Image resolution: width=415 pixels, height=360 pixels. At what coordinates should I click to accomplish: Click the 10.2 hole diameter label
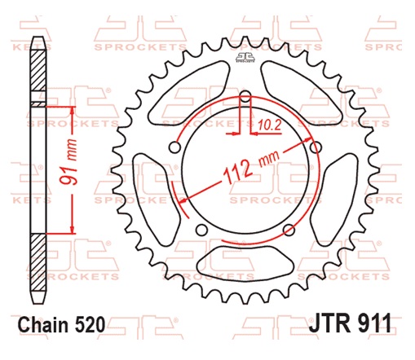270,125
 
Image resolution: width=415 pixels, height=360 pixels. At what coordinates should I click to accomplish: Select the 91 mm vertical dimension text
72,166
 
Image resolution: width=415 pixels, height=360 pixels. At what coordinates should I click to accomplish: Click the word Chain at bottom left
50,324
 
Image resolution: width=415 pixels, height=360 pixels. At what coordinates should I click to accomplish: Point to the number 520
91,324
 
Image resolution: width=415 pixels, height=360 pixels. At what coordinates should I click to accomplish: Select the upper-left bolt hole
175,147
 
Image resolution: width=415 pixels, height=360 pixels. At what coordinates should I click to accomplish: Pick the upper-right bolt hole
316,147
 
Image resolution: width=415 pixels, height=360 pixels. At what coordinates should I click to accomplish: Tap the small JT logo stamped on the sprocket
245,56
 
